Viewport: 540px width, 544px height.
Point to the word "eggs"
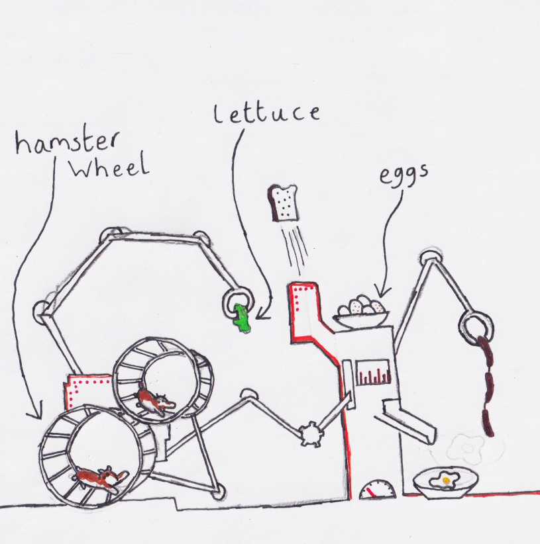coord(404,175)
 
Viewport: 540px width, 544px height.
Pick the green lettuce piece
coord(242,318)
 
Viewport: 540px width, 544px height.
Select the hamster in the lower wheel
coord(101,478)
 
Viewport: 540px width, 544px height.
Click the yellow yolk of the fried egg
coord(447,478)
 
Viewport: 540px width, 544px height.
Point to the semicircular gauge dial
coord(377,490)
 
